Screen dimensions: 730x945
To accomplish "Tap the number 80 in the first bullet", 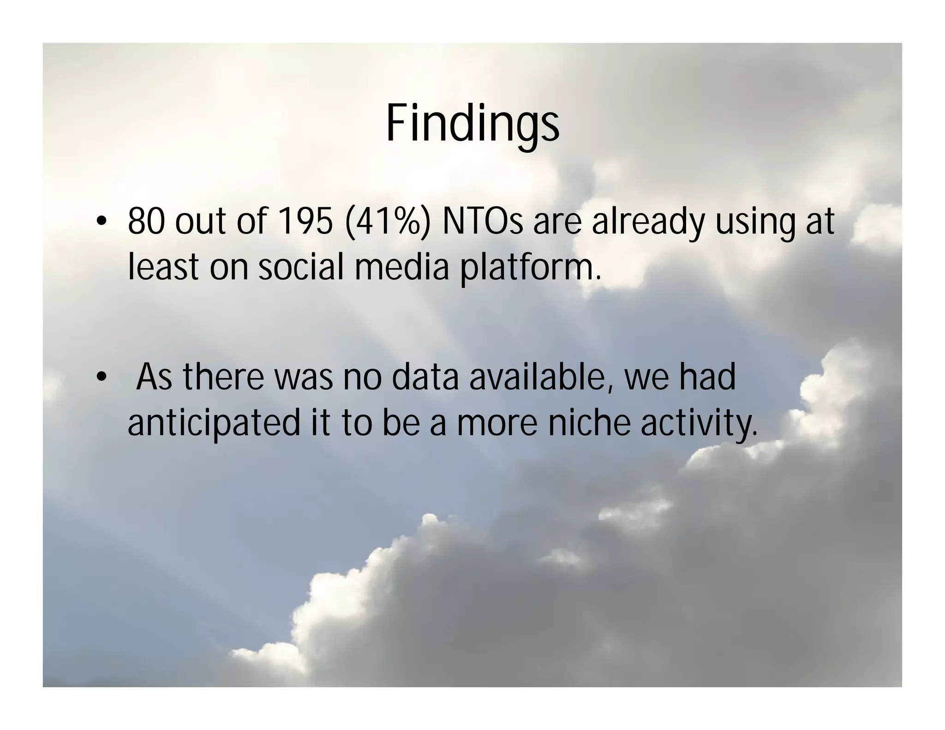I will [146, 221].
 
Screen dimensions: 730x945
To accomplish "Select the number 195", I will [305, 221].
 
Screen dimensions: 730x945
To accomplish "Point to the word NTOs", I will [483, 221].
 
